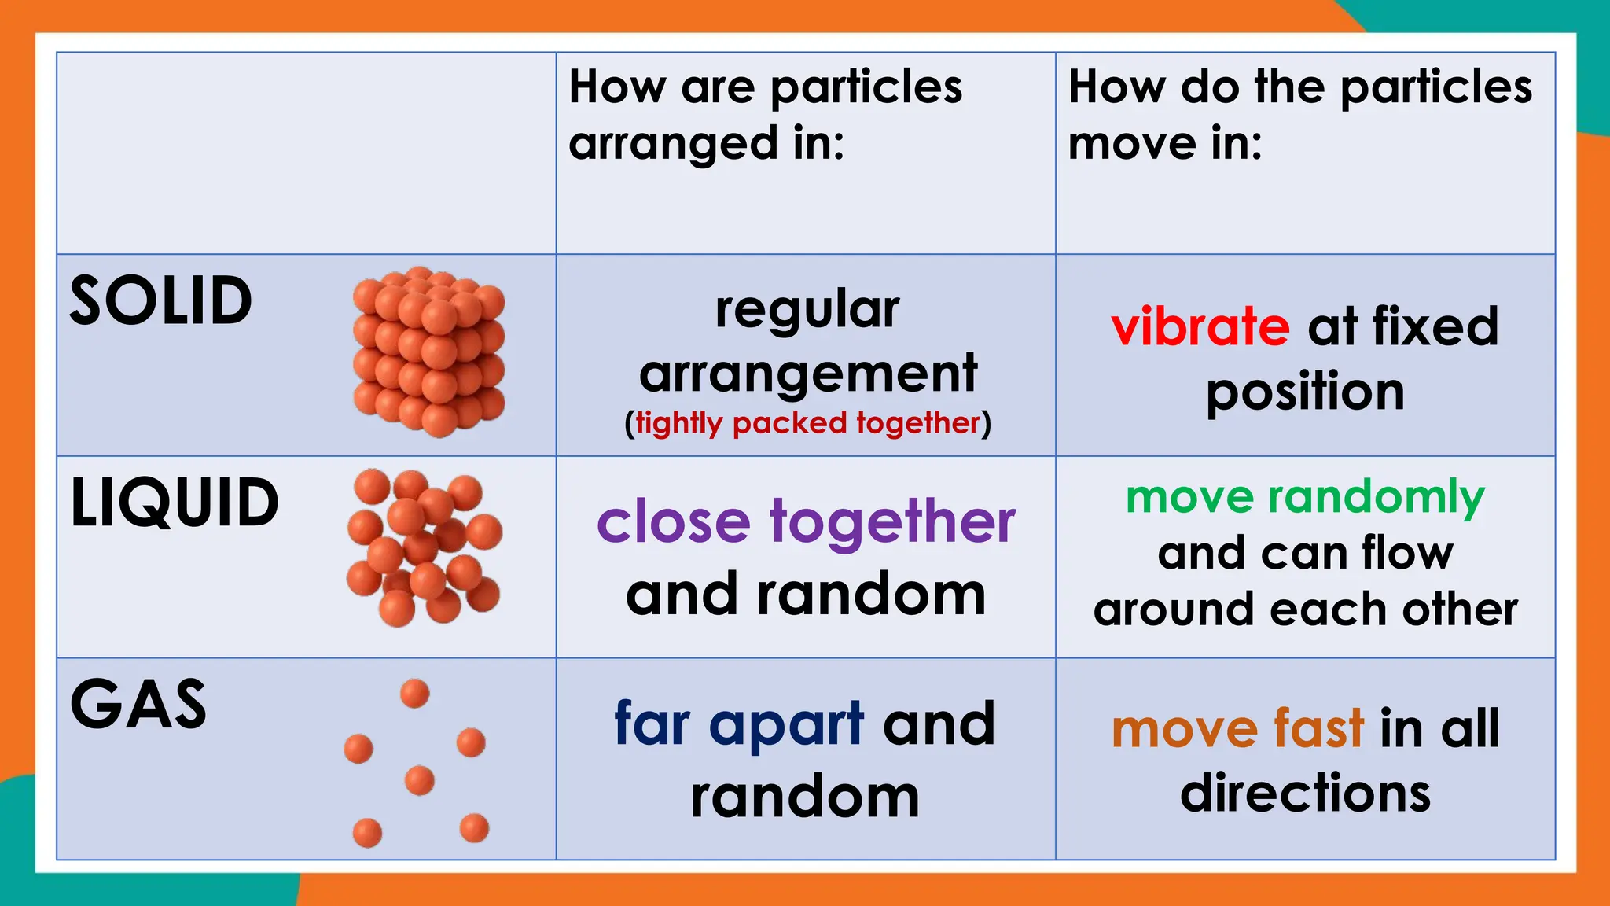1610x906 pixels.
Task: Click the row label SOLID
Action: click(x=161, y=301)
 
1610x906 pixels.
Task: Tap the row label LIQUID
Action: click(x=175, y=503)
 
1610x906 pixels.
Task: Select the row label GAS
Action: click(x=138, y=705)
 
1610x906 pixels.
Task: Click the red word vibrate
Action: click(x=1200, y=326)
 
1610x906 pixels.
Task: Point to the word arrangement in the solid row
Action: click(x=808, y=374)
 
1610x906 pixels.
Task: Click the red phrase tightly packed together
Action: click(x=808, y=423)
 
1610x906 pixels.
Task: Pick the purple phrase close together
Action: click(x=806, y=521)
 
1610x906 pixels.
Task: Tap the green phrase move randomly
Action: click(x=1305, y=497)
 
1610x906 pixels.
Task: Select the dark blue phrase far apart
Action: click(x=739, y=724)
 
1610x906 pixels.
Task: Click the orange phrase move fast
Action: click(x=1237, y=728)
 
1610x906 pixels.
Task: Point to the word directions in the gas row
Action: click(x=1305, y=793)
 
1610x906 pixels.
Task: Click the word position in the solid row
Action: click(x=1305, y=392)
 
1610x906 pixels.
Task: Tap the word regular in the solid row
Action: click(x=807, y=311)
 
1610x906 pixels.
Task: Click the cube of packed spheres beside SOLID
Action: click(x=429, y=352)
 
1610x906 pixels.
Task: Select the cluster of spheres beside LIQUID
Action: click(x=425, y=548)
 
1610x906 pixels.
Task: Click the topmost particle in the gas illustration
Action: click(x=415, y=694)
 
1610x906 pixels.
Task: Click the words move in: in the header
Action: click(x=1165, y=144)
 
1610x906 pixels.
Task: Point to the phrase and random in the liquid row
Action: click(x=806, y=595)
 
